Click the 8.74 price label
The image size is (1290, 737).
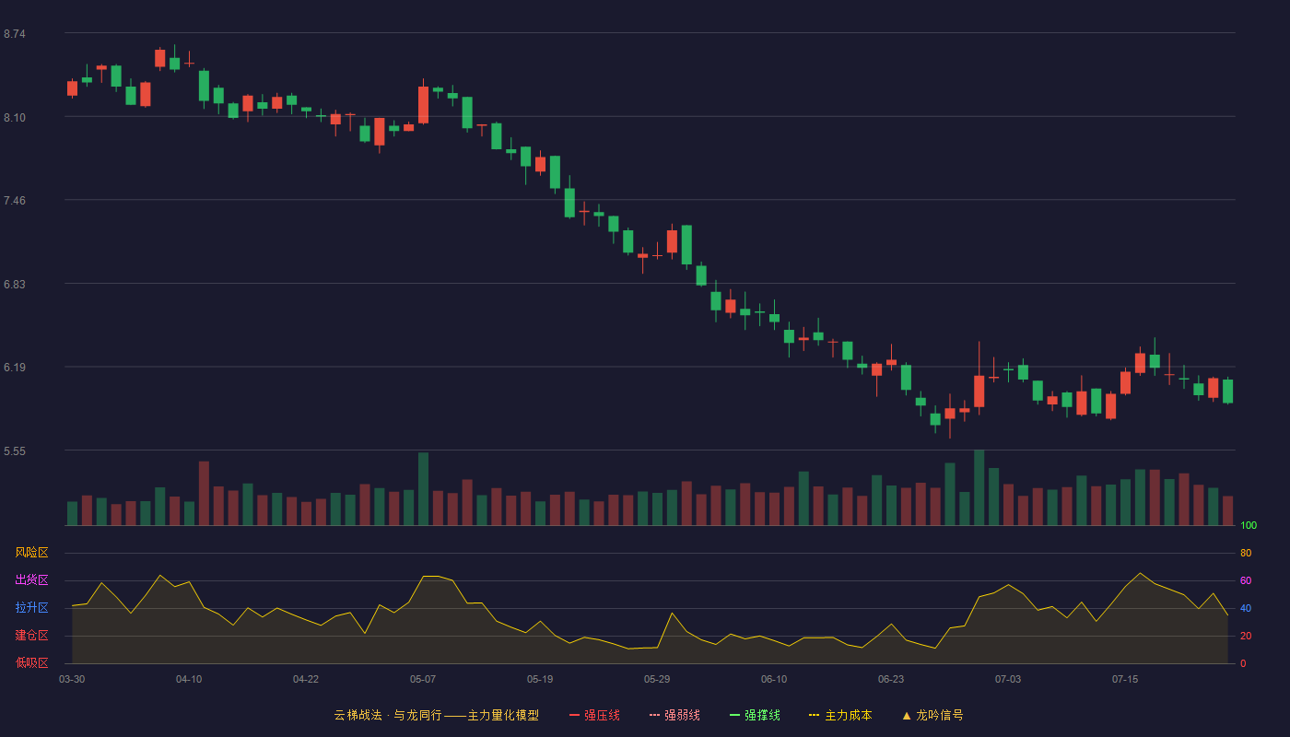click(x=15, y=34)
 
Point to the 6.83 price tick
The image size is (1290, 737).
click(x=15, y=285)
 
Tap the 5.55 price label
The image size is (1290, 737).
click(x=15, y=451)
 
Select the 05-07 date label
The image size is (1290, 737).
click(x=423, y=680)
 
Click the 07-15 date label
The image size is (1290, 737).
click(x=1125, y=680)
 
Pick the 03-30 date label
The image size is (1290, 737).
click(x=72, y=680)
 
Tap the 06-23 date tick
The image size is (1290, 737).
click(x=891, y=680)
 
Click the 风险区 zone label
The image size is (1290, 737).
click(x=31, y=553)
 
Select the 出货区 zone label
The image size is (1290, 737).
click(x=31, y=579)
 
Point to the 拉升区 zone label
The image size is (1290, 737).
click(x=31, y=607)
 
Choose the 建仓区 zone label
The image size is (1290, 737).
click(x=31, y=635)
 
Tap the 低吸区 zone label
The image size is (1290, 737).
click(x=31, y=662)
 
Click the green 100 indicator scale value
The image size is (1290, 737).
click(x=1249, y=525)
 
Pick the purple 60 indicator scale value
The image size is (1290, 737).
click(x=1246, y=580)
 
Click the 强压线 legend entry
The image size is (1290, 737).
click(x=594, y=715)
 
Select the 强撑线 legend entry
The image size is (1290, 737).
click(x=755, y=715)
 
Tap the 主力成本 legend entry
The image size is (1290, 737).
click(x=840, y=715)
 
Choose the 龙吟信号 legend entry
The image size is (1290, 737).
click(x=932, y=715)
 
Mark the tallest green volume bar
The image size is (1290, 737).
click(x=979, y=487)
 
